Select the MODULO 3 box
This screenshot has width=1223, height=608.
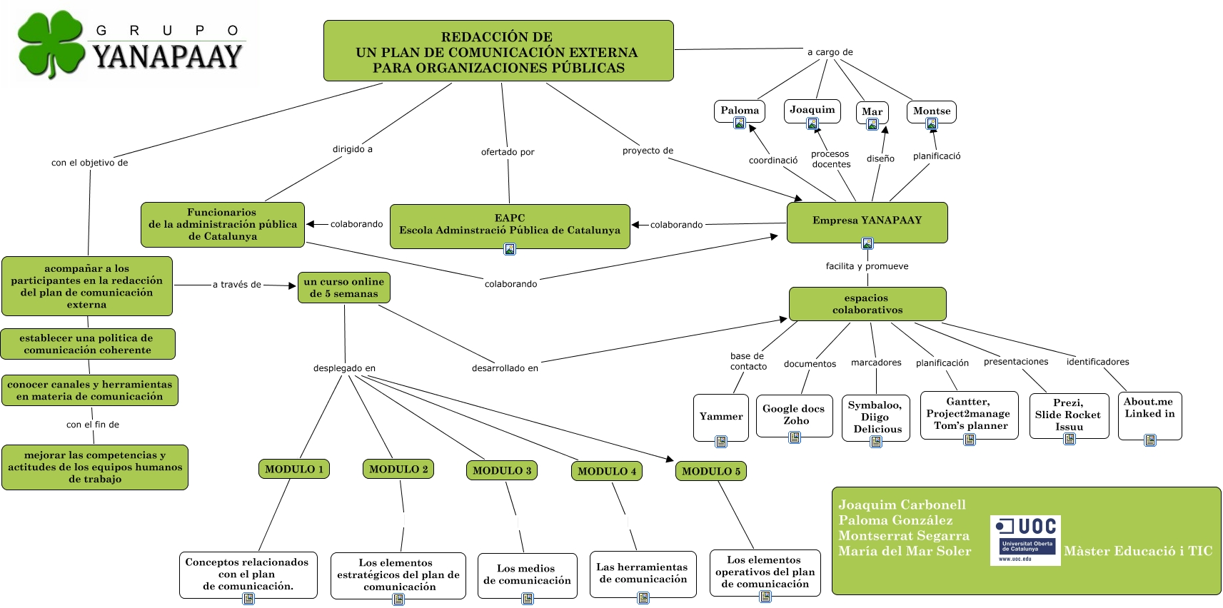pyautogui.click(x=502, y=470)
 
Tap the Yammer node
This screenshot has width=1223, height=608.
pyautogui.click(x=721, y=417)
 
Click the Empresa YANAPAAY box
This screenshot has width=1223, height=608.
pyautogui.click(x=867, y=221)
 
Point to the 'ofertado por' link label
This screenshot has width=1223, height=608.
pyautogui.click(x=508, y=152)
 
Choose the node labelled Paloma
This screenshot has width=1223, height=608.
pyautogui.click(x=740, y=111)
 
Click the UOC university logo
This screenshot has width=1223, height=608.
pyautogui.click(x=1025, y=540)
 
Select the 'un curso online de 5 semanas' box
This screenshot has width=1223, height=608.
pyautogui.click(x=344, y=288)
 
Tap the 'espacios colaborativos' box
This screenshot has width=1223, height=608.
pyautogui.click(x=867, y=304)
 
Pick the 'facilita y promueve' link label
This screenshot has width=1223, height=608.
pyautogui.click(x=867, y=266)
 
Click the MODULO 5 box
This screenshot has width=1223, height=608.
pyautogui.click(x=710, y=471)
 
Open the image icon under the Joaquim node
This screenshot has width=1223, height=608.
pyautogui.click(x=812, y=124)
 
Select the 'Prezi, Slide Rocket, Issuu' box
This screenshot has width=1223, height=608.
pyautogui.click(x=1069, y=415)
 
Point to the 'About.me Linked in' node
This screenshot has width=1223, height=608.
pyautogui.click(x=1149, y=408)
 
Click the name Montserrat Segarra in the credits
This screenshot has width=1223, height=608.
pyautogui.click(x=904, y=536)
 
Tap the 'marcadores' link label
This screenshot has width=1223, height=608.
pyautogui.click(x=876, y=363)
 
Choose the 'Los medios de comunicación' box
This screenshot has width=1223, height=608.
pyautogui.click(x=527, y=574)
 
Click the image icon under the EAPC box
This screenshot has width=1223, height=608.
pyautogui.click(x=510, y=249)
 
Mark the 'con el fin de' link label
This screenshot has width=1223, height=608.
pyautogui.click(x=93, y=425)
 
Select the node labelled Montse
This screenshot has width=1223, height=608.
pyautogui.click(x=932, y=111)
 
